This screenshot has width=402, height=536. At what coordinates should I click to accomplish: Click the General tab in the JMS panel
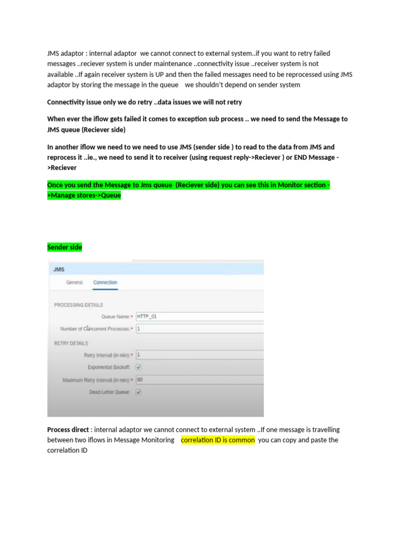pyautogui.click(x=74, y=283)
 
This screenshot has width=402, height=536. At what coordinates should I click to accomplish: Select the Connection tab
pyautogui.click(x=105, y=283)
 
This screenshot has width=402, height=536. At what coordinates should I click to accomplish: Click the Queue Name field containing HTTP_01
pyautogui.click(x=199, y=316)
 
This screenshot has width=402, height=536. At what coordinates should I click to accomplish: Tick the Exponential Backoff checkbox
pyautogui.click(x=139, y=367)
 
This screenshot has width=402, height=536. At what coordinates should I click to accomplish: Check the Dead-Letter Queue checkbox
pyautogui.click(x=139, y=392)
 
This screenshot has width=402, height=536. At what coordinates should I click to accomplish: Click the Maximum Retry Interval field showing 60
pyautogui.click(x=199, y=379)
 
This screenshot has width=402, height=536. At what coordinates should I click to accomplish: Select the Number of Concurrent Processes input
pyautogui.click(x=199, y=329)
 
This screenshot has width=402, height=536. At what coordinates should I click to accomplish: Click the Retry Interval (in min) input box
pyautogui.click(x=199, y=354)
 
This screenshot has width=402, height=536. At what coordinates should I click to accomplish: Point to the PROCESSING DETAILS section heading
pyautogui.click(x=79, y=305)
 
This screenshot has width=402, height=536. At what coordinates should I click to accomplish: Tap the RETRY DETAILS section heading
pyautogui.click(x=71, y=343)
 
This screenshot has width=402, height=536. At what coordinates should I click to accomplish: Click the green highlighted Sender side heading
pyautogui.click(x=64, y=247)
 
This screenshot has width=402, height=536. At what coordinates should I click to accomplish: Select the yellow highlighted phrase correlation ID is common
pyautogui.click(x=218, y=440)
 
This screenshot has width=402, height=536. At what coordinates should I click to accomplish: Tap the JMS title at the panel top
pyautogui.click(x=58, y=269)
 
